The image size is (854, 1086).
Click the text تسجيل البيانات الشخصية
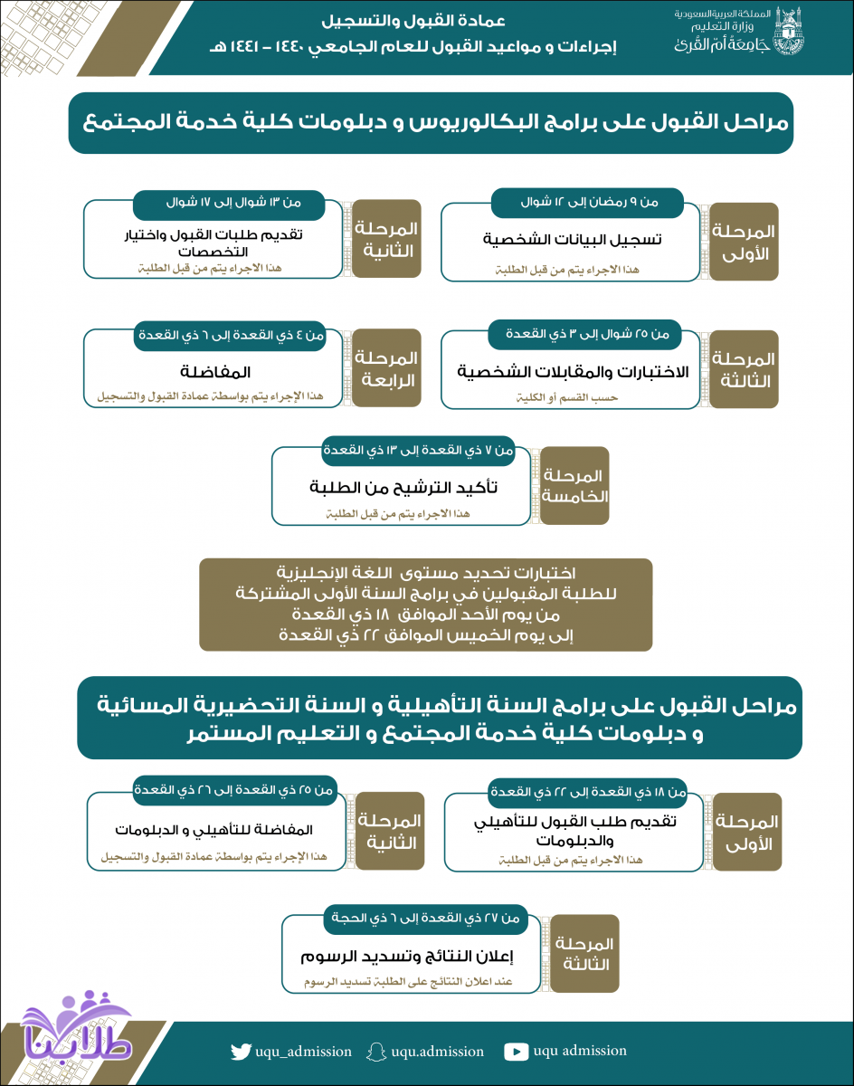571,240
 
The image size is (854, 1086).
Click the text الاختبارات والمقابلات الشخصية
572,372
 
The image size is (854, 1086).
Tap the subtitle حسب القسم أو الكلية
571,396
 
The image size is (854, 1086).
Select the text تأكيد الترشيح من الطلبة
403,488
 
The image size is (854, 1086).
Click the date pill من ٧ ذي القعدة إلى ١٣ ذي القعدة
419,449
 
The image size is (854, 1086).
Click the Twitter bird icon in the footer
240,1052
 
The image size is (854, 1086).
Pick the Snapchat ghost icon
376,1052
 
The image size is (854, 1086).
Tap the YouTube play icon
516,1052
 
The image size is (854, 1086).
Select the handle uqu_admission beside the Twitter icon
304,1052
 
